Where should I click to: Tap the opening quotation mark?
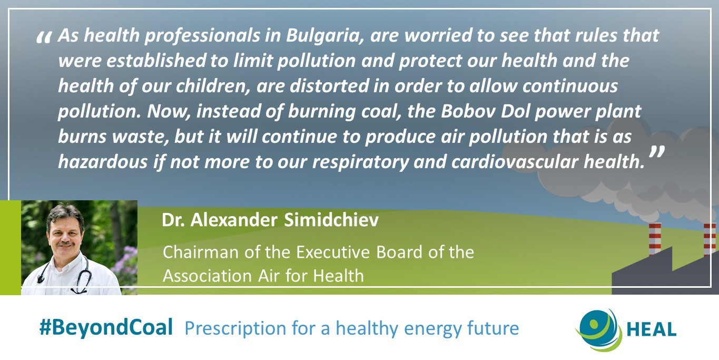click(x=44, y=37)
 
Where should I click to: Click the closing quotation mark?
click(x=657, y=152)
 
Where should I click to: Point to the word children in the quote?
click(x=212, y=86)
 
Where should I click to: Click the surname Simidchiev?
click(x=331, y=220)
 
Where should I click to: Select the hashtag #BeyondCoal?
click(x=106, y=327)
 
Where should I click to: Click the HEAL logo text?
click(x=651, y=330)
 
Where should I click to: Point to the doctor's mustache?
click(x=65, y=244)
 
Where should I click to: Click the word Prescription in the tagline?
click(x=235, y=329)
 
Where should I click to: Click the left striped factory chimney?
click(x=655, y=238)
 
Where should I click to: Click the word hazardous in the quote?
click(x=103, y=162)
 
